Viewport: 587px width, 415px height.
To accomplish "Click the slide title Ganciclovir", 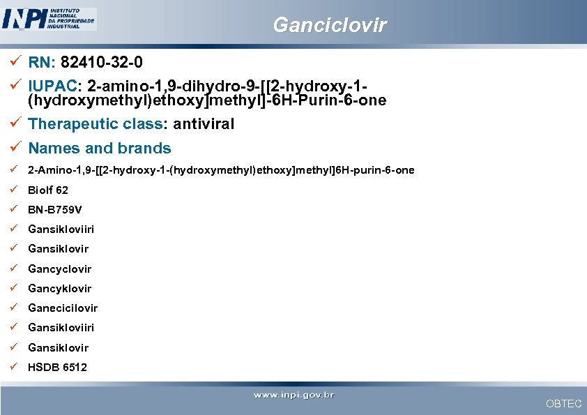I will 329,26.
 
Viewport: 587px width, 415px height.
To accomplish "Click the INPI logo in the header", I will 49,19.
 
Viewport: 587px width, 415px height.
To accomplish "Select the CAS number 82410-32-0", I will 102,63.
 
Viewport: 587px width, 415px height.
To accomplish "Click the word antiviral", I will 204,124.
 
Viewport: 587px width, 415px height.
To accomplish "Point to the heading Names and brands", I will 99,148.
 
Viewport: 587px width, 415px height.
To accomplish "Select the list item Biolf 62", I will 48,190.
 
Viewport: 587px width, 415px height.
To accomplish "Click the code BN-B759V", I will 55,209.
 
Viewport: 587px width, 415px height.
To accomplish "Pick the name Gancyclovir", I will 59,269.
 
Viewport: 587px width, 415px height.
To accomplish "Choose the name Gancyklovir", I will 59,288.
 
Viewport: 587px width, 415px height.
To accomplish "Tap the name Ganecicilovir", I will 63,308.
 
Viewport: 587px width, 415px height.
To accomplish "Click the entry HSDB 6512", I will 57,367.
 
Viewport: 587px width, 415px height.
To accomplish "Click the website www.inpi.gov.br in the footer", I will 293,395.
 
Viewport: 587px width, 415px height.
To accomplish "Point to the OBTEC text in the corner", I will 563,404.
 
